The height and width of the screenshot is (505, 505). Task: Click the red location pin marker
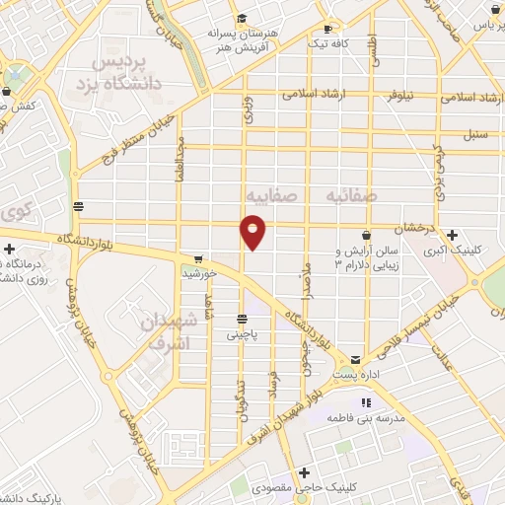[x=253, y=231]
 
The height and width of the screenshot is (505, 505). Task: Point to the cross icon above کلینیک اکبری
[x=452, y=236]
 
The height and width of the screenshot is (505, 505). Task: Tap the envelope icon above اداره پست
[x=356, y=361]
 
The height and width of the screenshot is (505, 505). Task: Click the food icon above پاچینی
[x=241, y=319]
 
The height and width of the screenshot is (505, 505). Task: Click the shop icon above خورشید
[x=198, y=258]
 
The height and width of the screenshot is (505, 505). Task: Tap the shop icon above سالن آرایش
[x=367, y=236]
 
